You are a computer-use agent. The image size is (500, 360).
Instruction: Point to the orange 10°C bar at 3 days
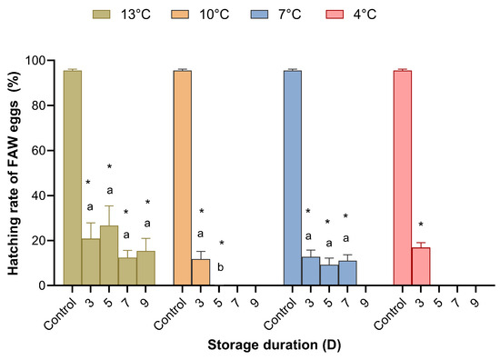[201, 273]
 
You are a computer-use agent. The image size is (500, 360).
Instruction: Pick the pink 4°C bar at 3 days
[421, 266]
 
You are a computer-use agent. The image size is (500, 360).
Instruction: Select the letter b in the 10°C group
[220, 265]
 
